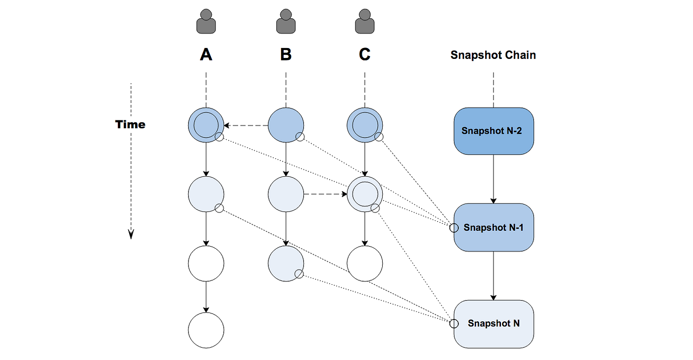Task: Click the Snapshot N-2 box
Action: pos(494,131)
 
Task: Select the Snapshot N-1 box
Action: pos(494,227)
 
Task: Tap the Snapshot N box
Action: pos(494,323)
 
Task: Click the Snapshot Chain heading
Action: pos(493,55)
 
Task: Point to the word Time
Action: pos(130,124)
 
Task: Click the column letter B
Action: pos(286,54)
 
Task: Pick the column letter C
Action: pos(365,54)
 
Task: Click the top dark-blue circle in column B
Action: pos(286,125)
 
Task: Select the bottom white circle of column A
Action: pos(206,330)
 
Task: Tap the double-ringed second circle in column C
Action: pos(365,194)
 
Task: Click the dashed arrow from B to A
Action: pos(246,125)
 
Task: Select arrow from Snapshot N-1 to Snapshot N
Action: pos(494,275)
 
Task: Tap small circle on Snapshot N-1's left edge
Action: pos(453,228)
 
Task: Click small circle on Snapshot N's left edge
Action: pos(453,324)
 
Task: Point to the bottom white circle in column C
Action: pos(365,263)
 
